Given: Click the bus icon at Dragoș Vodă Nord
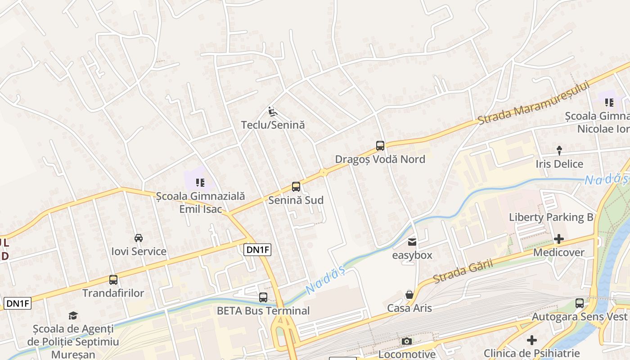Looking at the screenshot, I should coord(380,146).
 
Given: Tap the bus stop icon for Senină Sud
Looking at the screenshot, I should coord(296,187).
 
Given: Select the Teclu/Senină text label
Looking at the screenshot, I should coord(273,125).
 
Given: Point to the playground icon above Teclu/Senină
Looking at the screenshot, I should coord(272,111).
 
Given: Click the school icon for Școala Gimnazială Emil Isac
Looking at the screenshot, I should coord(200,182).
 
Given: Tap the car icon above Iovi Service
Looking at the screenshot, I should coord(139,238).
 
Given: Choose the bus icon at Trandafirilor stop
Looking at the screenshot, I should coord(113,280).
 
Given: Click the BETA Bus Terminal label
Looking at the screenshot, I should coord(263,310).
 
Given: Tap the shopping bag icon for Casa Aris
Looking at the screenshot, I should coord(409,295).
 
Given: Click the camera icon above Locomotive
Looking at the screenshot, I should coord(407,342).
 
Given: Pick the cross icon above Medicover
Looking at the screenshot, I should coord(559,238).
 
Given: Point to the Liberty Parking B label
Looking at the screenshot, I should coord(551,217).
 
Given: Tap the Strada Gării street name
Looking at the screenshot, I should coord(463,271).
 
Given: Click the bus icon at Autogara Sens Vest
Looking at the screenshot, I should coord(580,303).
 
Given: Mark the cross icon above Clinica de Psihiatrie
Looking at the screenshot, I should coord(532,340).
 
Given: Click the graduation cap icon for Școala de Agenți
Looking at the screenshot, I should coord(73,315).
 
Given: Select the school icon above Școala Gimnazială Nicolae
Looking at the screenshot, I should coord(609,103).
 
